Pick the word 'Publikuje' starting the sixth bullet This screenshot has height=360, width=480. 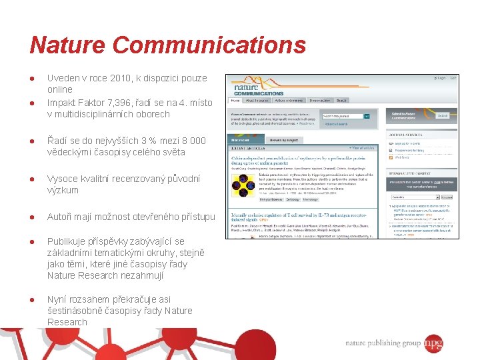(x=68, y=241)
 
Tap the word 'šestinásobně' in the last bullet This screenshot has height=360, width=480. (x=75, y=311)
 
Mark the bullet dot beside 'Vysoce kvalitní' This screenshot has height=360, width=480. (x=32, y=179)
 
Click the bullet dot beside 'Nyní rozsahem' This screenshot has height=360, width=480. (x=32, y=299)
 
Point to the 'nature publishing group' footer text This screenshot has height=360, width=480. (x=383, y=343)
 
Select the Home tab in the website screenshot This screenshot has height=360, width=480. (x=235, y=100)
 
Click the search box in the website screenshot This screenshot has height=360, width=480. (x=343, y=116)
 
